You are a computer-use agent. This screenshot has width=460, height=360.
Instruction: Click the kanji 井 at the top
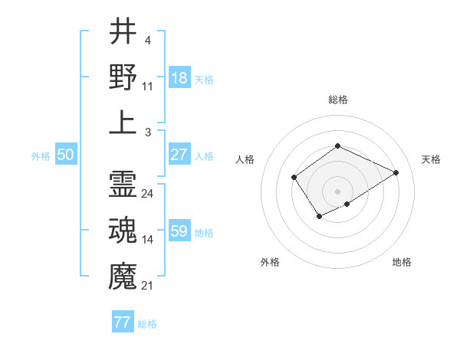click(123, 31)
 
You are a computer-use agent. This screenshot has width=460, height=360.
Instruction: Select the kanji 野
click(123, 77)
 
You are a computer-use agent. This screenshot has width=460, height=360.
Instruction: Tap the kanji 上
click(123, 122)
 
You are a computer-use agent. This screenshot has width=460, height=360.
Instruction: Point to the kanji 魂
click(123, 229)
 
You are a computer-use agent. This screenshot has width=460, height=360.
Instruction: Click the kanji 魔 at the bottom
click(123, 274)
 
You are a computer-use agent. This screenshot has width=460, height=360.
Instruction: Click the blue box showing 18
click(179, 77)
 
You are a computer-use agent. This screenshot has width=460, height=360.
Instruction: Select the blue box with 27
click(179, 155)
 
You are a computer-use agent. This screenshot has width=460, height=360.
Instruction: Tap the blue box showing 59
click(179, 231)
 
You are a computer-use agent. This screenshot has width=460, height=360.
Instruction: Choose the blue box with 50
click(66, 155)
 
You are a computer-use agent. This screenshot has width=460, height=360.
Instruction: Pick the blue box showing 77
click(123, 322)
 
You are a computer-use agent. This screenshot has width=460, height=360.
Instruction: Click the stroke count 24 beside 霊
click(148, 194)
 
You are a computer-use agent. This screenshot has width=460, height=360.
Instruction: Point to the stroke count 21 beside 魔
click(148, 286)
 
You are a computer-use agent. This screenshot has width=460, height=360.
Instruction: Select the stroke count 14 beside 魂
click(148, 240)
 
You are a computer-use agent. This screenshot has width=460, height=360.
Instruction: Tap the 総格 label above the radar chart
click(338, 100)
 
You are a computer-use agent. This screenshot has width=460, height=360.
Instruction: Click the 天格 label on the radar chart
click(431, 159)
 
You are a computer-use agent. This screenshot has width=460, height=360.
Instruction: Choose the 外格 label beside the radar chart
click(270, 262)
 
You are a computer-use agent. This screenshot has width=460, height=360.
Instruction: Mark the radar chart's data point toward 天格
click(396, 172)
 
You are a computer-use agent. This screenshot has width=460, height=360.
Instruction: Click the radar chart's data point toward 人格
click(294, 178)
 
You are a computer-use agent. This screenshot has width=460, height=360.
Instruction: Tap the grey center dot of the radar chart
click(338, 191)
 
